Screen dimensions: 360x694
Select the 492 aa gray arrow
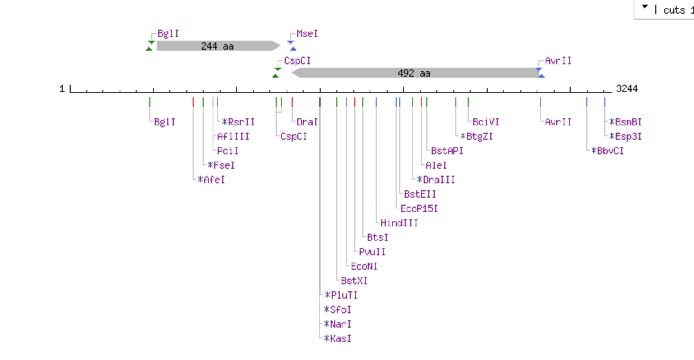414,73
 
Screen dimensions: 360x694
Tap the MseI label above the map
307,34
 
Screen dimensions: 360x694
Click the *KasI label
338,338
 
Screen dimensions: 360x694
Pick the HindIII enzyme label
399,223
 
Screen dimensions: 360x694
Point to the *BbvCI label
607,151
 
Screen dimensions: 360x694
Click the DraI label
307,122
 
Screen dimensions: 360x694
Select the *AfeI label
211,180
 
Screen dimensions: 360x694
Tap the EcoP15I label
419,208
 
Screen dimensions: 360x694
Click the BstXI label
354,281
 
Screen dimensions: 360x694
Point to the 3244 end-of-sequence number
627,88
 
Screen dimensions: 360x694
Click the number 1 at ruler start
62,88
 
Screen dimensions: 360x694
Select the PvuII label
372,252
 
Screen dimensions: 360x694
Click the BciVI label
486,122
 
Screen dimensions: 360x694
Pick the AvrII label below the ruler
558,122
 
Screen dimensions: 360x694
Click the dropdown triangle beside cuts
645,7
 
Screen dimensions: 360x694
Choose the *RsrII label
238,122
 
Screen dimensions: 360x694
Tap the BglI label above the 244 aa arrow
168,34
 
